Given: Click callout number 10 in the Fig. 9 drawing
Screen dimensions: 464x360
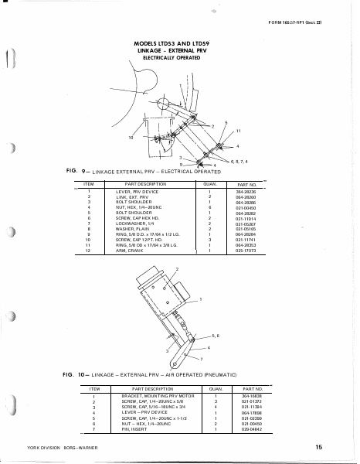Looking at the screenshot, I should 131,137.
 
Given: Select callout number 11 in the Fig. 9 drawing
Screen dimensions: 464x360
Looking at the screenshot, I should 239,131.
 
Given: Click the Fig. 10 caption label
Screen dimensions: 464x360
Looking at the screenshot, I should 73,374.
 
